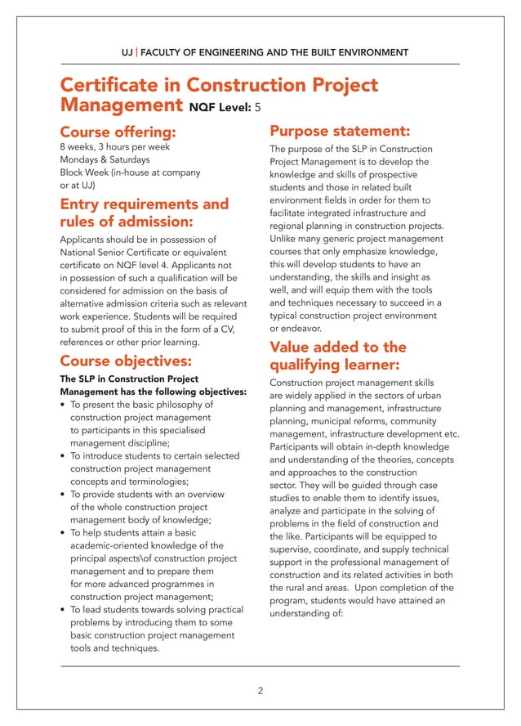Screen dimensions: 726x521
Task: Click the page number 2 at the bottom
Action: (260, 691)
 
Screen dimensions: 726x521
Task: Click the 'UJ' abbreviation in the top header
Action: (127, 52)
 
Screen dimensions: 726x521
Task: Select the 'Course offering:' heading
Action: (118, 132)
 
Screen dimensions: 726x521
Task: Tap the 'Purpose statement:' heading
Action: (340, 131)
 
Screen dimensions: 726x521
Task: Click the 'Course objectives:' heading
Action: (126, 361)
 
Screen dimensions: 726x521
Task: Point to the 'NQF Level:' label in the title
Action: (220, 107)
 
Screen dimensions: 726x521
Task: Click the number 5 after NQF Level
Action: (259, 107)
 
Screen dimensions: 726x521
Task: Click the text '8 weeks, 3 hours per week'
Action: (115, 147)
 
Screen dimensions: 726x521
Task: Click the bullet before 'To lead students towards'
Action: (64, 611)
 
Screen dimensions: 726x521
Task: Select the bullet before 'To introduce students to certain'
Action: (64, 456)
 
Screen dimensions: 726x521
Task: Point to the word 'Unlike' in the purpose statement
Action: (283, 239)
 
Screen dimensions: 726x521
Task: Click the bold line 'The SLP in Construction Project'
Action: (129, 379)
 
